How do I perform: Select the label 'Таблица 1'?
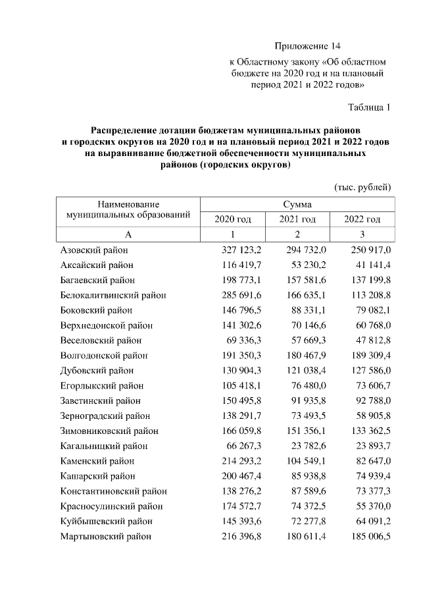369,107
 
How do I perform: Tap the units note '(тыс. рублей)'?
363,187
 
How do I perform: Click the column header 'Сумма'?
297,205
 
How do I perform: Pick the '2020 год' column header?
232,219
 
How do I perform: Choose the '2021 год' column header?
297,219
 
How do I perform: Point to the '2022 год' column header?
362,219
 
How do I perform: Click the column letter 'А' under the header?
128,234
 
